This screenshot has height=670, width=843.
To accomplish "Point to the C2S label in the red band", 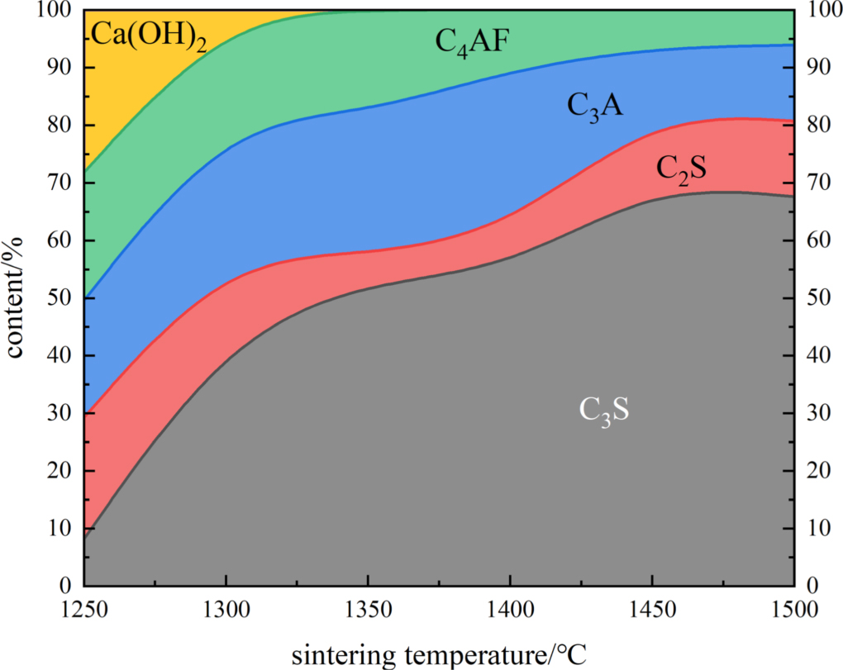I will pos(681,169).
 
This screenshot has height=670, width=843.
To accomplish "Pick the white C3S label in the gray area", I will pos(604,411).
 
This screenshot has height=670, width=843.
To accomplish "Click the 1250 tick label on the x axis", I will pos(85,611).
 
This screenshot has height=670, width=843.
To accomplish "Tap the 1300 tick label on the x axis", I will pos(226,611).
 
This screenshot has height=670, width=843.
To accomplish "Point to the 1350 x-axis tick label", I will pos(369,611).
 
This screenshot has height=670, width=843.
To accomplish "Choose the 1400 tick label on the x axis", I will pos(510,611).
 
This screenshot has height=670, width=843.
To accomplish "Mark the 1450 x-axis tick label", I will pos(652,611).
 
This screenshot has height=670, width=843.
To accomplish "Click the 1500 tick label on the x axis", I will pos(793,611).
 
